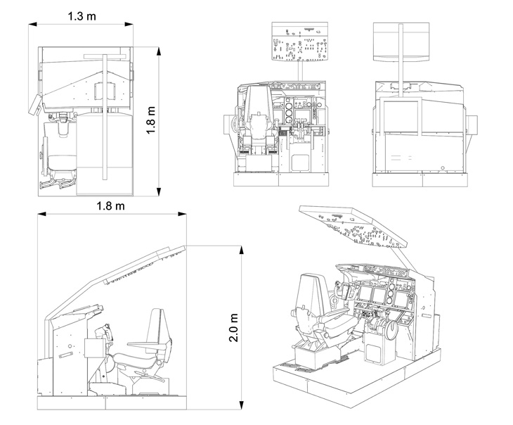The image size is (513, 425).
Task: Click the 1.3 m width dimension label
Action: pos(82,15)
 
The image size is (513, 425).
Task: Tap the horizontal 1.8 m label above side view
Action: pos(111,206)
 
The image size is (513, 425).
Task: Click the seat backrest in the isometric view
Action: pos(310,296)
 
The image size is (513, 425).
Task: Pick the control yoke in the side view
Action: pos(108,331)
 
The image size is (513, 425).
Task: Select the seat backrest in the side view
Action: pos(160,328)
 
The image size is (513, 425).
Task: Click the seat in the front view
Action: pos(257,120)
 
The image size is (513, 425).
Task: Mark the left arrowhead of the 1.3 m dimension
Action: pos(32,24)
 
